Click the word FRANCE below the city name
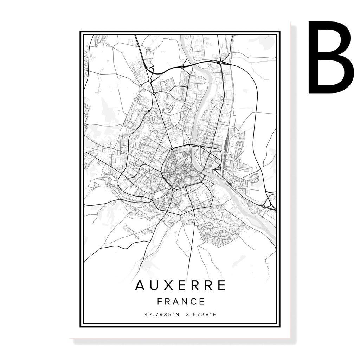[x=181, y=302]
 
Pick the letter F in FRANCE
[x=160, y=302]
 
